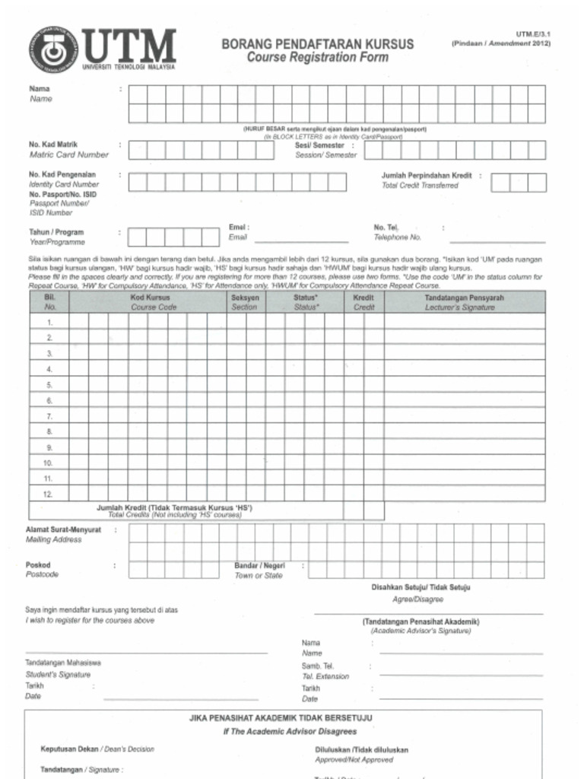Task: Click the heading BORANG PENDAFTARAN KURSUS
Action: click(x=317, y=44)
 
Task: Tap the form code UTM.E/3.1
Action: click(x=532, y=34)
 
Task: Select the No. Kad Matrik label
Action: click(x=53, y=144)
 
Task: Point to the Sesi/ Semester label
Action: click(x=319, y=145)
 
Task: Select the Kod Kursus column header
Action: click(x=150, y=298)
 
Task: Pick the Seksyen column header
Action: click(x=244, y=298)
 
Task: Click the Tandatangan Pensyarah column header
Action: click(x=464, y=298)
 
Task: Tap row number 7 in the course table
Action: click(x=49, y=416)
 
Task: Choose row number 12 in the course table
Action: click(x=49, y=494)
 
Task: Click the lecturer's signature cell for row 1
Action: click(x=464, y=322)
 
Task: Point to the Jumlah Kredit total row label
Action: click(x=174, y=507)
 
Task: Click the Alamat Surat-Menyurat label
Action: click(x=64, y=529)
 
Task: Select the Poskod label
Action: click(x=38, y=565)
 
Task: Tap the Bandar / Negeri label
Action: click(x=259, y=566)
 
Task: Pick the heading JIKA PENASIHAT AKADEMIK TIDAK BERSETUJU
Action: click(x=281, y=717)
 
